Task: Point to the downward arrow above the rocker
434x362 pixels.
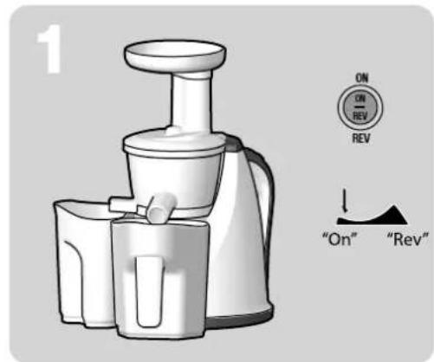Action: tap(344, 202)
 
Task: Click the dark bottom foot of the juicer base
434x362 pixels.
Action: tap(251, 322)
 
